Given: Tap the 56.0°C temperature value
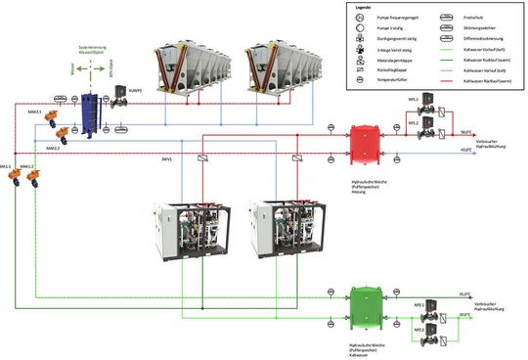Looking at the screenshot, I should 466,131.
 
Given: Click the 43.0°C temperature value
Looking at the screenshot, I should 466,150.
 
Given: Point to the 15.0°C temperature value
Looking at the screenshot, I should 465,293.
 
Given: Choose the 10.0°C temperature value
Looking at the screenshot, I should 465,314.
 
